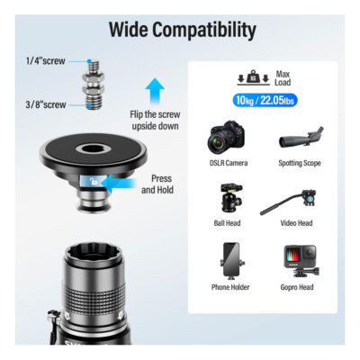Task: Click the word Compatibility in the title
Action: tap(211, 31)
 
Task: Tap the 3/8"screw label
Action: tap(46, 105)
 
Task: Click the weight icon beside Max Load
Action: tap(254, 78)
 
